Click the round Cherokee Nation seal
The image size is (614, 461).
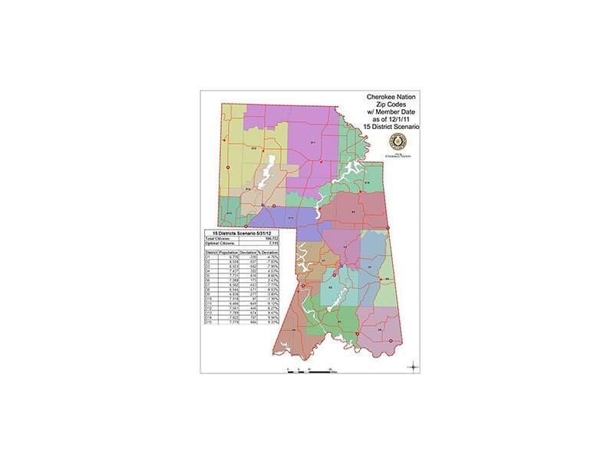[397, 141]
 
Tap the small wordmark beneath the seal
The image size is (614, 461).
[397, 154]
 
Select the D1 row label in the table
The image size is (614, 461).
[208, 257]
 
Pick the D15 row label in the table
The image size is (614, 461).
[209, 322]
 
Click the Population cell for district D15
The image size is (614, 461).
[227, 322]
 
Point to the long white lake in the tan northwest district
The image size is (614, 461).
[266, 174]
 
